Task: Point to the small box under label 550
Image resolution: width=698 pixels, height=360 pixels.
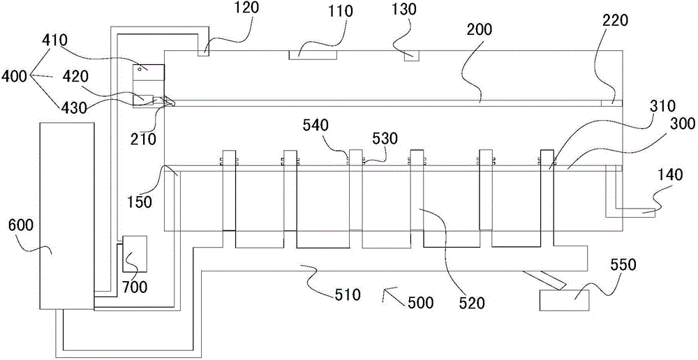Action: tap(564, 300)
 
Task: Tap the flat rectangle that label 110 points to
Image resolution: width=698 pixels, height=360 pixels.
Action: tap(313, 54)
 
